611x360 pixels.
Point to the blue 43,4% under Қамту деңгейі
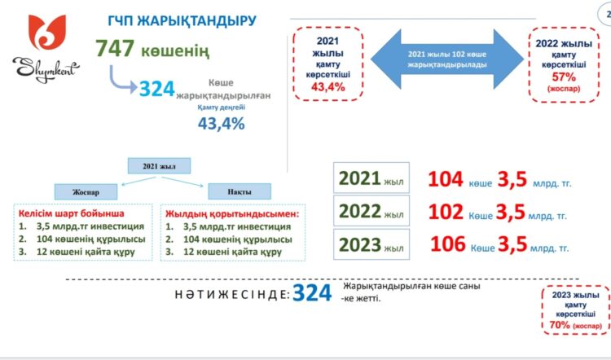(x=221, y=122)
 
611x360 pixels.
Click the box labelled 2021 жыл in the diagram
(x=158, y=166)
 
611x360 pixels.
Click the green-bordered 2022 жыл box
(x=371, y=211)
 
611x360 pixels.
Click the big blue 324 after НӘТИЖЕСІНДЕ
(x=314, y=294)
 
